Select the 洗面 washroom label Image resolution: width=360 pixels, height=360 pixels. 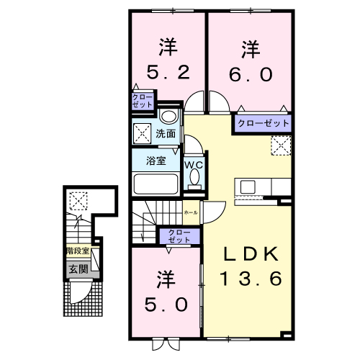(x=165, y=134)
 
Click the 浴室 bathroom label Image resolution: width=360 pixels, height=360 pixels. (x=156, y=161)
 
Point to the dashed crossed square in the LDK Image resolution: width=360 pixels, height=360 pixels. (x=279, y=145)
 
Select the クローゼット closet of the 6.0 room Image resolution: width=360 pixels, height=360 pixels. (x=263, y=124)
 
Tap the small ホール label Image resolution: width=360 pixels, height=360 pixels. (x=191, y=213)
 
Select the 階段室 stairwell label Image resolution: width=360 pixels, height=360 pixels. (x=77, y=251)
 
